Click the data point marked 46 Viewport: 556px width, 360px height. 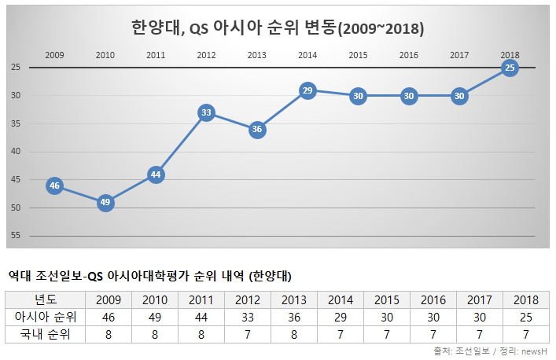click(54, 186)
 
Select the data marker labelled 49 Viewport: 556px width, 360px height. click(105, 203)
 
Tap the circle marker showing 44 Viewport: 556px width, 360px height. click(156, 174)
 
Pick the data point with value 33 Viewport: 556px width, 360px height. click(206, 113)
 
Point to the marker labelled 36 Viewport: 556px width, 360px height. click(257, 130)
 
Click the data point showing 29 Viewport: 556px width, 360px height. click(307, 90)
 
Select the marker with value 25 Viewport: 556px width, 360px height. click(510, 68)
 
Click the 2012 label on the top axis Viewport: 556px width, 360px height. click(206, 55)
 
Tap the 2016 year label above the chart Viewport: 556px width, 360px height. click(408, 55)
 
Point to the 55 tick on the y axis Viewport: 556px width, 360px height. click(15, 236)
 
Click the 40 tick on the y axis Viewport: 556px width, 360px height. click(15, 152)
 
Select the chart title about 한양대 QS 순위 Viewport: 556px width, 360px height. click(278, 28)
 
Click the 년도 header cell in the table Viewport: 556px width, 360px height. click(46, 299)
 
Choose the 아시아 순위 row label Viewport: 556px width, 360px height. click(46, 317)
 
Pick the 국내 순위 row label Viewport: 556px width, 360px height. click(46, 334)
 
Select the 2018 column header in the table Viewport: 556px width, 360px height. click(526, 299)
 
